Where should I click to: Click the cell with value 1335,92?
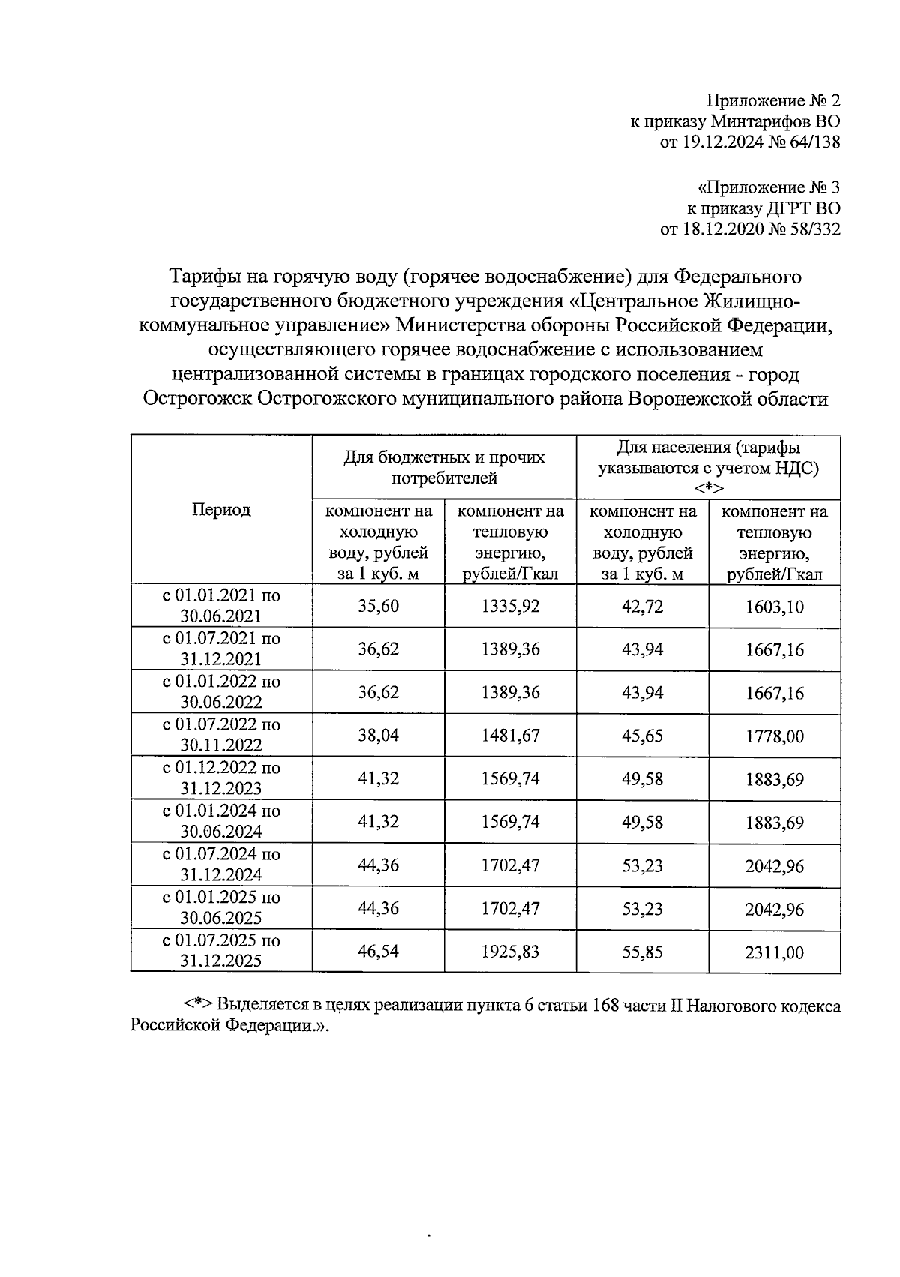tap(510, 606)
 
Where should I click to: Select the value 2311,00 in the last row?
tap(774, 952)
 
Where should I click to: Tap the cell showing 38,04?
tap(378, 736)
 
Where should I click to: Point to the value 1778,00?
tap(774, 736)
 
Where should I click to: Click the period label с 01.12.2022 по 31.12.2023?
tap(221, 778)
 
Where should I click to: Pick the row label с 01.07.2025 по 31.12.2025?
tap(221, 951)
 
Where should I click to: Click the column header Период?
tap(221, 510)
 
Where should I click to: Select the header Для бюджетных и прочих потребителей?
tap(444, 467)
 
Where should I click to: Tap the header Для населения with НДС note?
tap(708, 467)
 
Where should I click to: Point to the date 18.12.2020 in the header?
tap(723, 229)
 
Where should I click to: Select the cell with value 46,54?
tap(378, 952)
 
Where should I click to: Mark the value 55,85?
tap(642, 952)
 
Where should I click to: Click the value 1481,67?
tap(510, 736)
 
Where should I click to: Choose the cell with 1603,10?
tap(774, 607)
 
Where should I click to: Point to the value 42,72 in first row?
tap(642, 606)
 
